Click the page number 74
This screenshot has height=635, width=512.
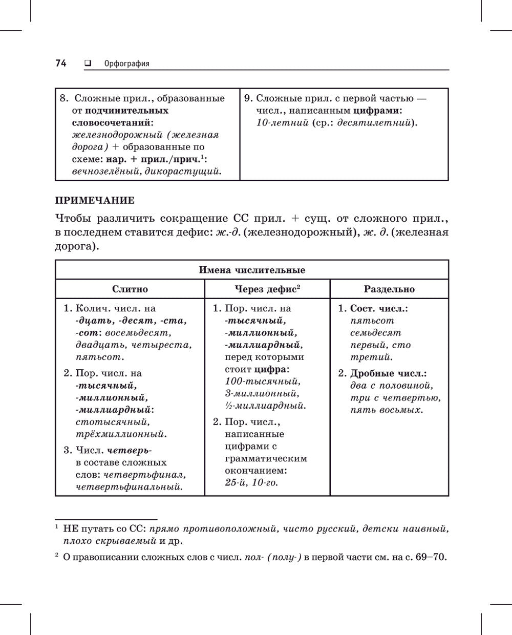pos(61,63)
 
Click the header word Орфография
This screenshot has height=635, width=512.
pos(126,64)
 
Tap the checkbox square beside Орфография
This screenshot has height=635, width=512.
pos(88,63)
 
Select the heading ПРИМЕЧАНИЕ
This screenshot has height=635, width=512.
pos(95,200)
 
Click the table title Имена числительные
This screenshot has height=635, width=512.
pos(252,270)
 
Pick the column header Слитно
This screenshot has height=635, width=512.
pos(130,289)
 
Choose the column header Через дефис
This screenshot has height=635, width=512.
pos(265,289)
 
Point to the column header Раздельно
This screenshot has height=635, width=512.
pos(389,289)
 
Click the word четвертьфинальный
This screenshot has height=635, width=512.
pos(129,487)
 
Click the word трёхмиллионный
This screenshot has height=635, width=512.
pos(121,434)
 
